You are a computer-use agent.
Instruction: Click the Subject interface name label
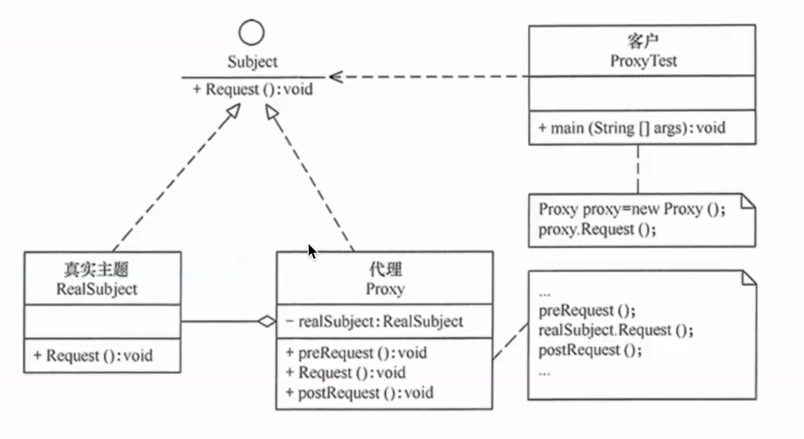252,62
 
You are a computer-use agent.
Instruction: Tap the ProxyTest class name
643,61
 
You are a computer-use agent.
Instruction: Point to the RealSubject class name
97,289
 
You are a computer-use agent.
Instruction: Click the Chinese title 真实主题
96,269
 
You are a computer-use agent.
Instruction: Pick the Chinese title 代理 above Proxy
386,269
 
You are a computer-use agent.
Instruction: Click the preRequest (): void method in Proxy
356,353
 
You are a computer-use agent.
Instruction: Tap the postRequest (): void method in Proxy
360,393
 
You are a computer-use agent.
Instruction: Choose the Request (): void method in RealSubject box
93,356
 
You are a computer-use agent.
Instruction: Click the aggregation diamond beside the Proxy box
267,321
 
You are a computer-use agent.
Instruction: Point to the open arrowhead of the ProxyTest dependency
336,77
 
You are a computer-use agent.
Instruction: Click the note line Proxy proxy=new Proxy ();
631,209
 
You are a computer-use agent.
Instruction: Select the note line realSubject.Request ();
616,330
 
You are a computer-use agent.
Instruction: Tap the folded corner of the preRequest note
749,278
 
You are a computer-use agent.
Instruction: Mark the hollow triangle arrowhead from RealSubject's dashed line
234,111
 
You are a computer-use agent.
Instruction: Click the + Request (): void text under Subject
253,89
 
